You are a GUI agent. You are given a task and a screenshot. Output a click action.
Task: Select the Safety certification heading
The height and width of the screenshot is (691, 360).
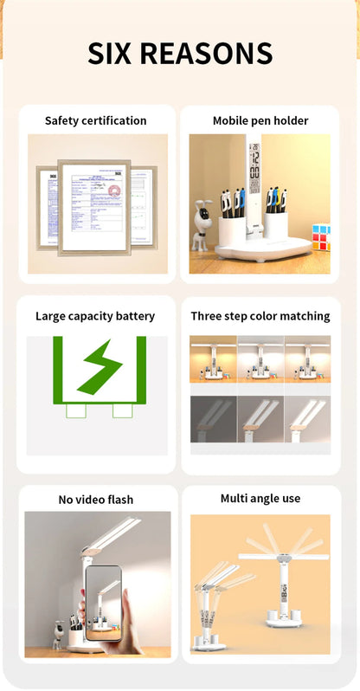point(95,120)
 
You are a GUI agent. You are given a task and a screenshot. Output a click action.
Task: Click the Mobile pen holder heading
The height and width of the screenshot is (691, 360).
point(260,120)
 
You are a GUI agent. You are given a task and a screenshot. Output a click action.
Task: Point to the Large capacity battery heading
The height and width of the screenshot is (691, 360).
point(95,316)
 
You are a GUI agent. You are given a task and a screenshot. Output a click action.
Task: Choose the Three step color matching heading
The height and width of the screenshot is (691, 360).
point(260,316)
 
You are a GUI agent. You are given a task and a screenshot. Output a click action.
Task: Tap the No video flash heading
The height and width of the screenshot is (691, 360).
point(95,500)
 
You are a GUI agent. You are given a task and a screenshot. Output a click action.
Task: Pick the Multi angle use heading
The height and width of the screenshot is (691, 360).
point(260,499)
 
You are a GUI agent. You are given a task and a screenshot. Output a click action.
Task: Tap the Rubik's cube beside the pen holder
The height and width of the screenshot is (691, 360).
point(321,237)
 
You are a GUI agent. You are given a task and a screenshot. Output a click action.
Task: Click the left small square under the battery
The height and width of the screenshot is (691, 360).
point(76,411)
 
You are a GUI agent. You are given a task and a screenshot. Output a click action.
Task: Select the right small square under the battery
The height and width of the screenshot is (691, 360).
point(122,411)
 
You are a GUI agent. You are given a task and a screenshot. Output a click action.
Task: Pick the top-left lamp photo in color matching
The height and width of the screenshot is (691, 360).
point(213,358)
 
